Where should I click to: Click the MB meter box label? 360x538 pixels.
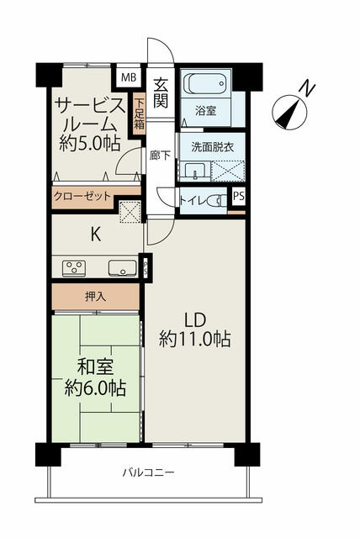point(129,77)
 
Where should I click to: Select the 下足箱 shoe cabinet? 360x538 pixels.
point(139,113)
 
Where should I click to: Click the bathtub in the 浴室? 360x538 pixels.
point(206,83)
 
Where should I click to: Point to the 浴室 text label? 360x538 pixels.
point(205,111)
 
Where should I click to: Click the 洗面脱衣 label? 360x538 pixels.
point(213,147)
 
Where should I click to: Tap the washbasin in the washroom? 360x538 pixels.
point(195,171)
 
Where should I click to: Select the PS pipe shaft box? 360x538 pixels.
point(239,197)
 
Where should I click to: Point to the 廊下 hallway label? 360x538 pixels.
point(160,156)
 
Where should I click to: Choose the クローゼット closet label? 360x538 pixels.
point(82,196)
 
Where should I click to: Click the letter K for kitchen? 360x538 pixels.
point(95,235)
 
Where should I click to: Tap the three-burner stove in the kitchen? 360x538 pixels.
point(74,268)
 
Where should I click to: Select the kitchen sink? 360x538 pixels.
point(123,268)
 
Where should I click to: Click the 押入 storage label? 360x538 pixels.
point(95,297)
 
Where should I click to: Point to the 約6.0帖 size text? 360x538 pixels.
point(95,388)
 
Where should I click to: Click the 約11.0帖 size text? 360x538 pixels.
point(194,339)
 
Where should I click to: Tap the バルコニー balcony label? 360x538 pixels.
point(149,472)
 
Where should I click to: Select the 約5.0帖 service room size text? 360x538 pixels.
point(90,144)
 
